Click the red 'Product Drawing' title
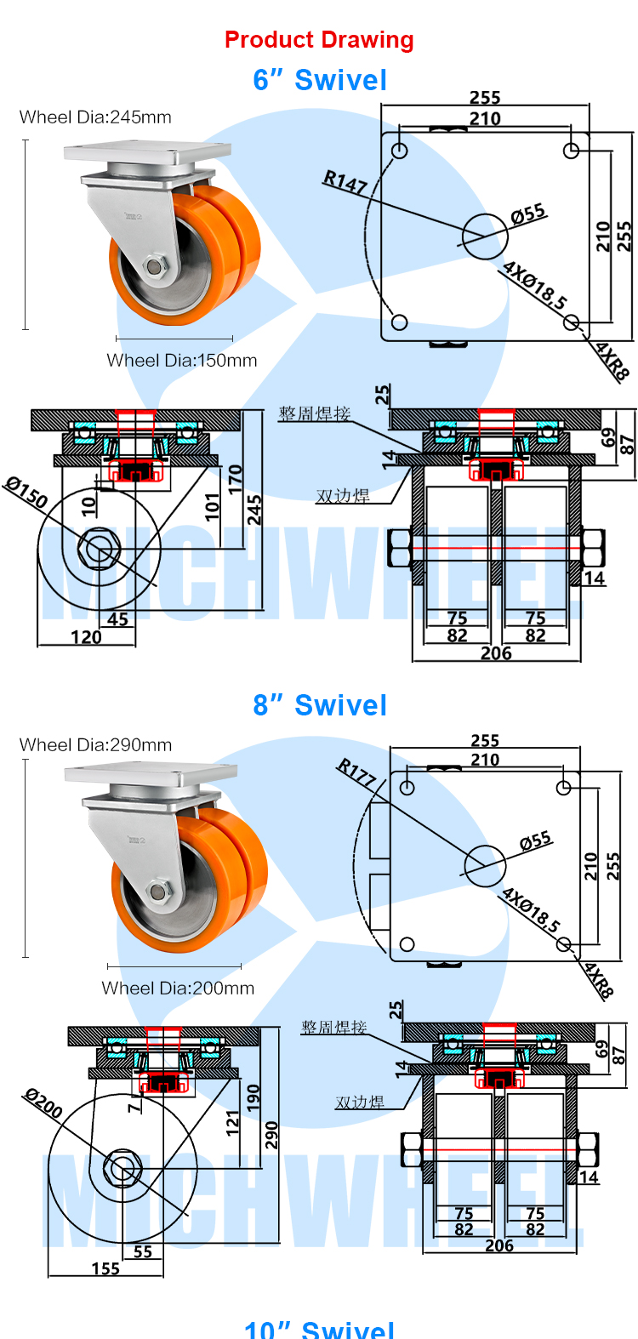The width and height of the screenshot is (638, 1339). pos(319,40)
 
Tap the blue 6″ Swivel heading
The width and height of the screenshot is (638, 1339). pos(320,81)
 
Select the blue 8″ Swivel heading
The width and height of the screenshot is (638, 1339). pos(320,706)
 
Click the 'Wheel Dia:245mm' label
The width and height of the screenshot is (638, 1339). pos(95,117)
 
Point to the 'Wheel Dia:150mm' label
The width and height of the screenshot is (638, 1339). pos(182,361)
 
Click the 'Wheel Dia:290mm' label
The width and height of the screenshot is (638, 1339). pos(95,745)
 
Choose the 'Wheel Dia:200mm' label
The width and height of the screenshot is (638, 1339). pos(178,989)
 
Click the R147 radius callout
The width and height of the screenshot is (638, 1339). pos(345,181)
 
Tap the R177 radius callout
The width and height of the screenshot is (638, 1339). pos(356,772)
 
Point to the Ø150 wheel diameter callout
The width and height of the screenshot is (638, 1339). pos(26,493)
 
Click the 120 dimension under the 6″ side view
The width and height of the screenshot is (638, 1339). pos(86,637)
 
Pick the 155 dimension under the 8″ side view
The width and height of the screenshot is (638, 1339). pos(105,1269)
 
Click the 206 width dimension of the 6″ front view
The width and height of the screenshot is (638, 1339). pos(496,653)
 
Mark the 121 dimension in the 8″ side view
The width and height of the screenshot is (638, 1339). pos(233,1123)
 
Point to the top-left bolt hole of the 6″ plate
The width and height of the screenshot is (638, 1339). pos(400,151)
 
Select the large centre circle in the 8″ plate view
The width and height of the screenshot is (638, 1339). pos(484,866)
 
